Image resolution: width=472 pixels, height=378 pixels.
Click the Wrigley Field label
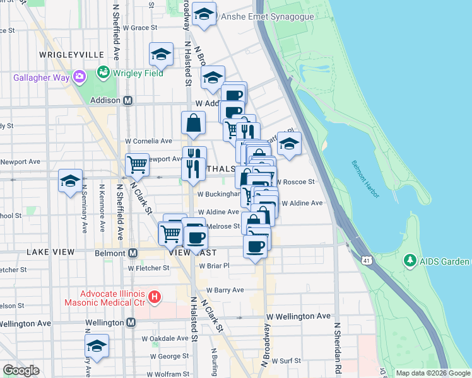point(138,73)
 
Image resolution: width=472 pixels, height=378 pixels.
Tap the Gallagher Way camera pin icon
point(79,77)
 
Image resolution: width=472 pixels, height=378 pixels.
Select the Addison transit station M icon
point(128,100)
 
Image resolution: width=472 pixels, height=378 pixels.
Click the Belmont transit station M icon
point(133,253)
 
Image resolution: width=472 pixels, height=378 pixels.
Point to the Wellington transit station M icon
point(131,323)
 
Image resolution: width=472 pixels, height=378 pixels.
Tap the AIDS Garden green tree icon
point(410,260)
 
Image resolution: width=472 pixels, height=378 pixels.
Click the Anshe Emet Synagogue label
point(267,16)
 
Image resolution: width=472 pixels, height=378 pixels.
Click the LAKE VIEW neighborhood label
point(50,252)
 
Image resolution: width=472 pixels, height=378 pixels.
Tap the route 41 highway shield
point(367,260)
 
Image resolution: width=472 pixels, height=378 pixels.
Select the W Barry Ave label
point(228,290)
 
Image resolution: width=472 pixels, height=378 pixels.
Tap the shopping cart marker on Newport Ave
point(137,165)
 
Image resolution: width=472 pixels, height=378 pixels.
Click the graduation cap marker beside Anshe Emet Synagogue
point(204,15)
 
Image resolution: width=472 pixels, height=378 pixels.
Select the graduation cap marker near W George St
point(97,346)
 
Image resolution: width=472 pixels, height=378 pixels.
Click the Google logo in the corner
point(20,370)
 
